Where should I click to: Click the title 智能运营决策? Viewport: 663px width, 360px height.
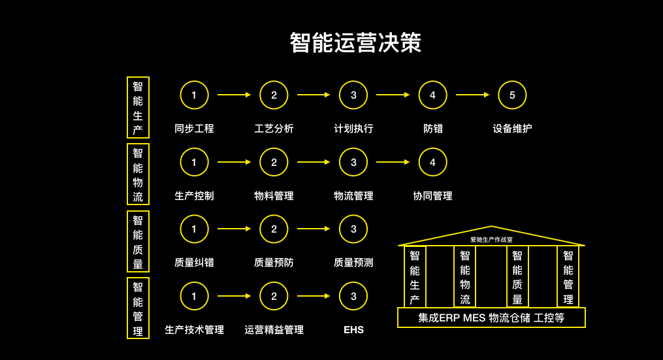(355, 42)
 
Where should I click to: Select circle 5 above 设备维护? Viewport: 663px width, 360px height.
(512, 95)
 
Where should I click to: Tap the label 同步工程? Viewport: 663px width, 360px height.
(194, 129)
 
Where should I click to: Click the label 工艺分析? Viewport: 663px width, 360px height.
(274, 129)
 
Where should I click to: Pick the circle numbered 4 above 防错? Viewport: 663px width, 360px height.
(432, 95)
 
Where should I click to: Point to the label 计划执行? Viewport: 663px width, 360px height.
(353, 129)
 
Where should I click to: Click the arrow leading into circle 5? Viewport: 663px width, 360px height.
(472, 95)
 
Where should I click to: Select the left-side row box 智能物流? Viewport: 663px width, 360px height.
(138, 174)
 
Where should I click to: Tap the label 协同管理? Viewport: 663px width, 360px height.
(432, 196)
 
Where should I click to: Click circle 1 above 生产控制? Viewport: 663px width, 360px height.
(194, 162)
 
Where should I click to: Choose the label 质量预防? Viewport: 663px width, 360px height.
(274, 263)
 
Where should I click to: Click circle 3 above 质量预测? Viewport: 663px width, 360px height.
(353, 229)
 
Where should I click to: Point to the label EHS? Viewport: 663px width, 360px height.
(353, 330)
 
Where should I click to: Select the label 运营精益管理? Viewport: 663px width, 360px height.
(274, 330)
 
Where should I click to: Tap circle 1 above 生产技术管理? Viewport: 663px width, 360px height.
(194, 296)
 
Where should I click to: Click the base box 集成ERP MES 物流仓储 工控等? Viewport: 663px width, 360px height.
(491, 318)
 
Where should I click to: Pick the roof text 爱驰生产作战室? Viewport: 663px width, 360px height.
(491, 240)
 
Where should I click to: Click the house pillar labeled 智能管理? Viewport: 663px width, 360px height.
(568, 277)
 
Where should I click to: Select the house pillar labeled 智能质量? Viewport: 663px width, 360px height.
(517, 277)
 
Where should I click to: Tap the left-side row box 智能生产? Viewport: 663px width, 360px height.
(138, 108)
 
